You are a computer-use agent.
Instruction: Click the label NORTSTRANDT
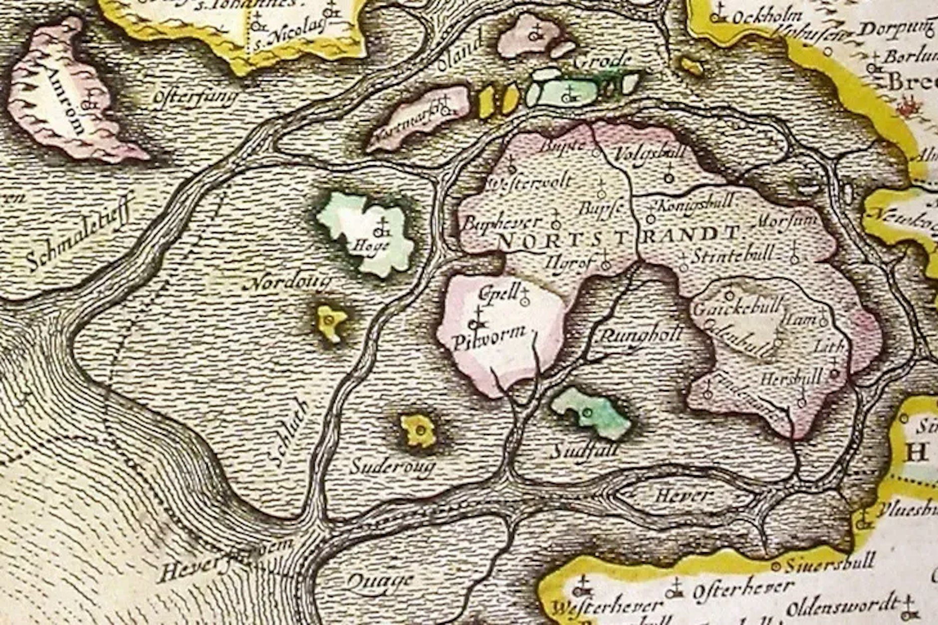[x=618, y=237]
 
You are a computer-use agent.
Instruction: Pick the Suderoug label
[x=392, y=467]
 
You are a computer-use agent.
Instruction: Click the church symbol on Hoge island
[x=383, y=229]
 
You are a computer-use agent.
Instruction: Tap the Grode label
[x=602, y=62]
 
